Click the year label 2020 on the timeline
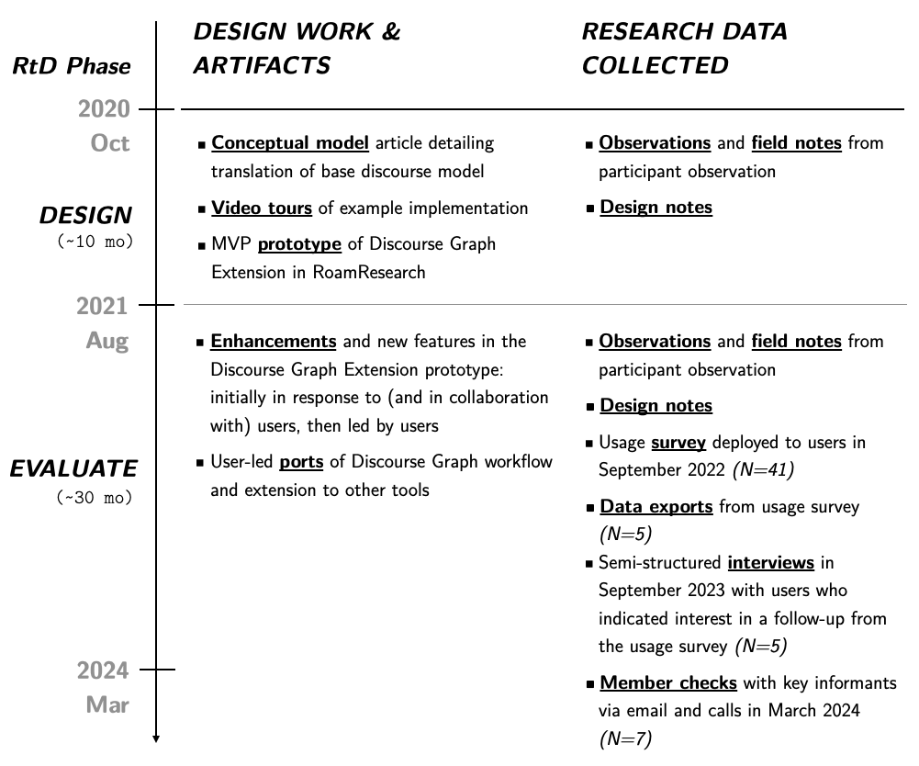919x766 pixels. (104, 110)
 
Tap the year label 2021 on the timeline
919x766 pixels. (102, 305)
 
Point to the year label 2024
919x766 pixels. (102, 671)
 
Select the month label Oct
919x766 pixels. (110, 143)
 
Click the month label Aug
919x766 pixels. (107, 341)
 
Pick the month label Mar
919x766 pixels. (107, 705)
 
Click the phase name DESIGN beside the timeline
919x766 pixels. (85, 216)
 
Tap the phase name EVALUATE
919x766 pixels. (73, 468)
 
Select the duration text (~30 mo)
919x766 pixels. (95, 498)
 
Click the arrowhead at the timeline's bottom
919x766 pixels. (156, 738)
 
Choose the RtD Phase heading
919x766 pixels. (71, 66)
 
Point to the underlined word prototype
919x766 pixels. (299, 244)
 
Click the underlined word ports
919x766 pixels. (301, 461)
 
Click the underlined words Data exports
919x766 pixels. (656, 506)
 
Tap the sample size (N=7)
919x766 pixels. (625, 738)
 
